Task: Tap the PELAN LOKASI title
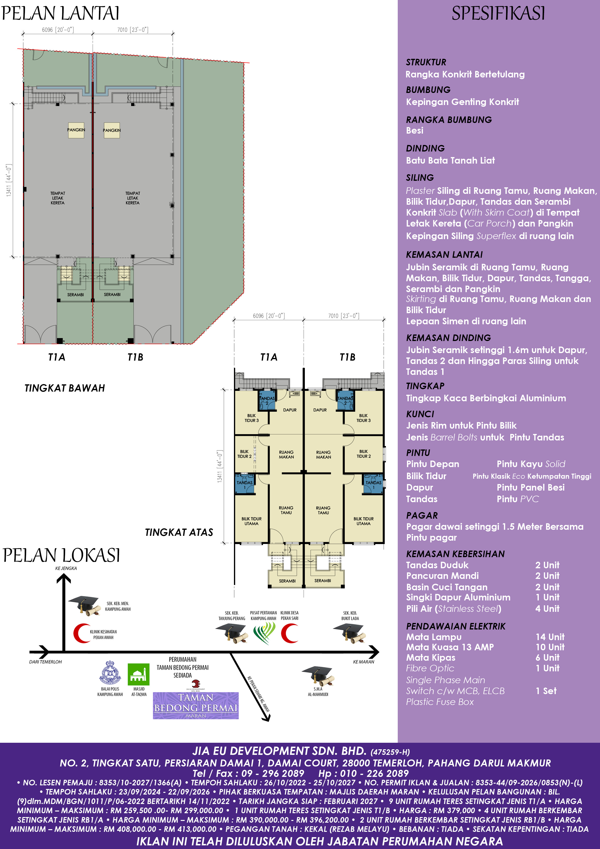pos(61,555)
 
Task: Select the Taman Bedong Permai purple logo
pos(195,705)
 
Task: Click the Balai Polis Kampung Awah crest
pos(110,673)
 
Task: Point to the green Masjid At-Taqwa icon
pos(139,675)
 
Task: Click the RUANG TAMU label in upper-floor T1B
pos(323,510)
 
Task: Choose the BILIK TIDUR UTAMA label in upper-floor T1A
pos(251,521)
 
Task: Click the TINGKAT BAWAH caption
pos(65,388)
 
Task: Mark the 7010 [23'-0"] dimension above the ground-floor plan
pos(133,30)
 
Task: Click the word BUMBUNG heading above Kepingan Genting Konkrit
pos(428,90)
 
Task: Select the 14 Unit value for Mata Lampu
pos(550,637)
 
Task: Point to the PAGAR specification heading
pos(422,515)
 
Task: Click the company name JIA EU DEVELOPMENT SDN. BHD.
pos(279,751)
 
